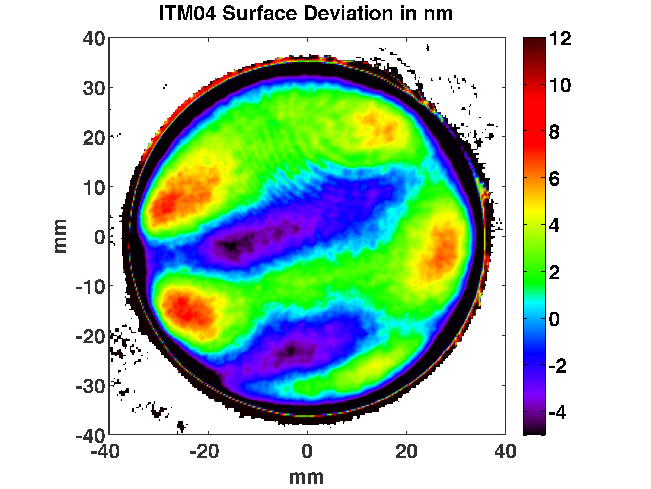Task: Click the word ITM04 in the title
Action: click(x=187, y=14)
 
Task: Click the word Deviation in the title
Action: click(x=349, y=14)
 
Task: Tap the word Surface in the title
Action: click(x=260, y=14)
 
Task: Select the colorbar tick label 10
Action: click(x=560, y=86)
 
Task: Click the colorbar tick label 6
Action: click(x=554, y=179)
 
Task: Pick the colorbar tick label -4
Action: click(x=557, y=413)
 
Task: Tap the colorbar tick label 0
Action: click(x=554, y=319)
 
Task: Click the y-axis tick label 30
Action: click(x=94, y=88)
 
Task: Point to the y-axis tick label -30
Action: click(x=90, y=386)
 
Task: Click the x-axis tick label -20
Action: click(x=204, y=452)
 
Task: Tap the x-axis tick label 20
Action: click(x=406, y=452)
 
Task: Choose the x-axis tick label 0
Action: click(x=307, y=452)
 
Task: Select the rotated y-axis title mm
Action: click(x=60, y=236)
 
